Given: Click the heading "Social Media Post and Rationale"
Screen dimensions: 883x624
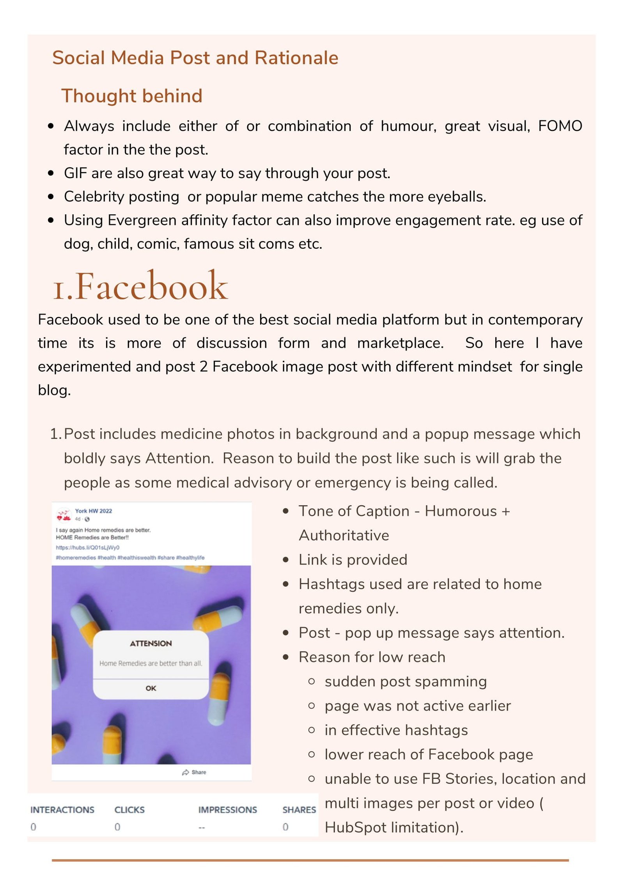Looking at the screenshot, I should [x=195, y=58].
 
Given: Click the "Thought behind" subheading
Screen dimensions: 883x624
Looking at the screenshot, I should [x=132, y=96].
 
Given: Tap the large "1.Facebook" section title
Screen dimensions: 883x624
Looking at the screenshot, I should [x=140, y=287].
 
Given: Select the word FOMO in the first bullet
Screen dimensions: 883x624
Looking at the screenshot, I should [x=560, y=126].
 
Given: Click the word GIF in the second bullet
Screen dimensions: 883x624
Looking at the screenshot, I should [x=75, y=173].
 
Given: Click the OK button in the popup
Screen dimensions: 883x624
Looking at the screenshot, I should [x=151, y=688].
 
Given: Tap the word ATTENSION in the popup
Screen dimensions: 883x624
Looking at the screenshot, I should [x=151, y=643].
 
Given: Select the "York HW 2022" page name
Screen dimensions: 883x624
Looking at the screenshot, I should [x=94, y=511].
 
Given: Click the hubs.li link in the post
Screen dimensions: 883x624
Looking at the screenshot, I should [x=88, y=547].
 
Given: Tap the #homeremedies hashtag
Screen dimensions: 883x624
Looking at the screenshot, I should [x=76, y=557].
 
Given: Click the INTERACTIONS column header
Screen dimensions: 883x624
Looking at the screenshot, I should [x=62, y=810].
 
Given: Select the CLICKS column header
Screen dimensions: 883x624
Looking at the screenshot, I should [x=129, y=810].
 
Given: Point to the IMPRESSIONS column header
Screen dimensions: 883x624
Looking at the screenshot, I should [x=227, y=810].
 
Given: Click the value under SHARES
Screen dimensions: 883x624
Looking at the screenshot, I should [x=285, y=827].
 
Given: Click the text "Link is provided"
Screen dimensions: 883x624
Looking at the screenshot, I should [x=353, y=560].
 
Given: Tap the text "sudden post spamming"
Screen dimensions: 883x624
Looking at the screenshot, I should [x=406, y=681].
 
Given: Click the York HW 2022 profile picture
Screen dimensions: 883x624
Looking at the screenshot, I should [x=64, y=515].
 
